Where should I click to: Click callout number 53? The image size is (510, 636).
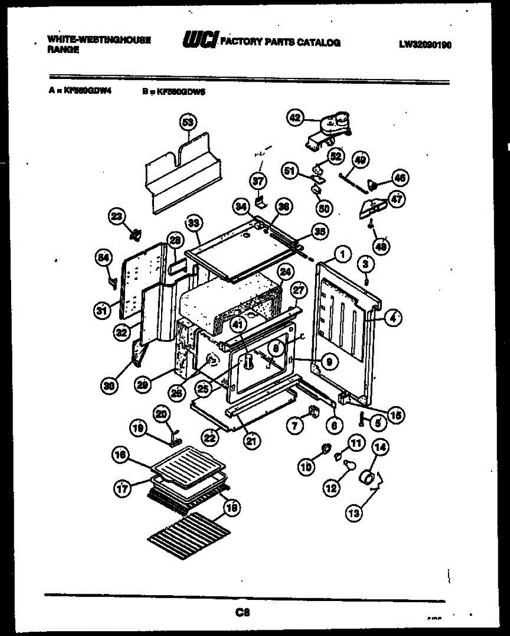(x=188, y=122)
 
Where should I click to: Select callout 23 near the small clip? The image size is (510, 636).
(x=117, y=216)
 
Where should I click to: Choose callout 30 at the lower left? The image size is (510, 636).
(x=109, y=386)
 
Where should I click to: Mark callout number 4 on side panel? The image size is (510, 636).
(x=392, y=319)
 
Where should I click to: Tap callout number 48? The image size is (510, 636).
(x=381, y=246)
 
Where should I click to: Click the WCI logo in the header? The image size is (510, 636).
(x=200, y=41)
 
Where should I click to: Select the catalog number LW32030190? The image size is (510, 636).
(x=425, y=45)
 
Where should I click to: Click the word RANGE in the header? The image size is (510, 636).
(x=64, y=49)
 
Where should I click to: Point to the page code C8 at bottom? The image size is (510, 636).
(x=243, y=613)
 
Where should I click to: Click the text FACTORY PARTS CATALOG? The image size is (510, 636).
(x=280, y=42)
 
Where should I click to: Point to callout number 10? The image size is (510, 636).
(x=307, y=466)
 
